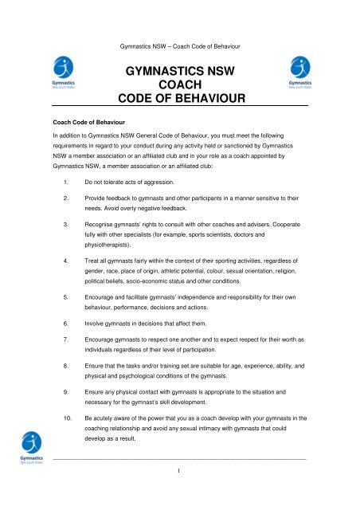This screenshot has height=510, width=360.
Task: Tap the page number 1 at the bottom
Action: click(x=180, y=493)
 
